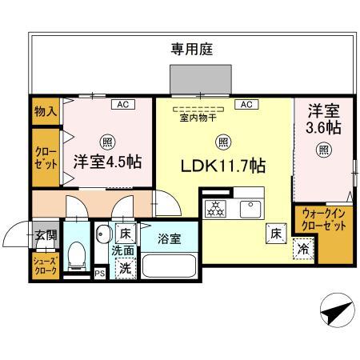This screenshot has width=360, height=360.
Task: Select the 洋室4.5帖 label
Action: (x=108, y=161)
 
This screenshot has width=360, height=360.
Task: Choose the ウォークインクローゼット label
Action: (x=324, y=220)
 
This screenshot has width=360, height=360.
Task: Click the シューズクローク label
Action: (x=43, y=266)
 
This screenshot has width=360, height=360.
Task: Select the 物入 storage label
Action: (x=46, y=111)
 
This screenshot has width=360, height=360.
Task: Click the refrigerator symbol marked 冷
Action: (x=303, y=249)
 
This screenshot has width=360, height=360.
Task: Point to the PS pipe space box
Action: (x=100, y=274)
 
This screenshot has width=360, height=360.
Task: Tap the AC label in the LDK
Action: (x=246, y=104)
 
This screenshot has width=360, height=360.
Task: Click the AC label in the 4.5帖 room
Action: (x=123, y=104)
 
